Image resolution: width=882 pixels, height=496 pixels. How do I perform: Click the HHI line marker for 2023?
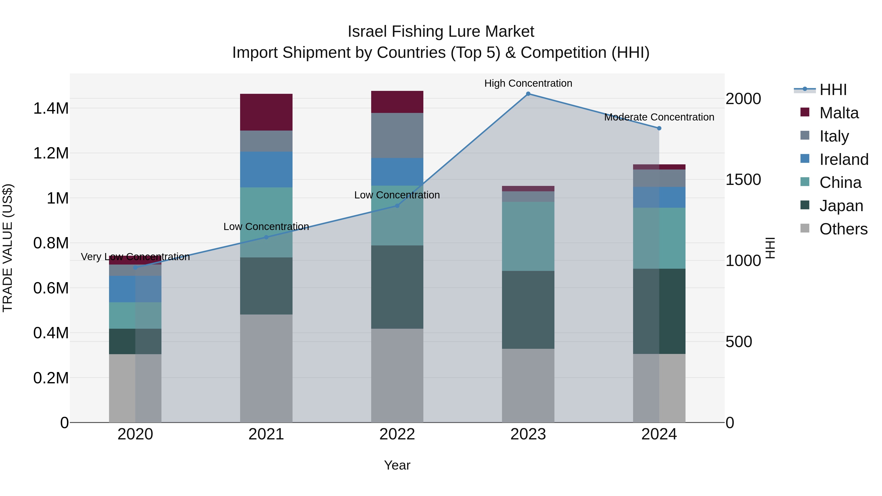pos(528,94)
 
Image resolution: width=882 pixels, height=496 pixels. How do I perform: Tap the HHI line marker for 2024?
pos(659,128)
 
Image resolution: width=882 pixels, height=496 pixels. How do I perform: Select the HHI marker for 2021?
pos(266,237)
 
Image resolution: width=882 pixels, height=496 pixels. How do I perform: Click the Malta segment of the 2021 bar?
pos(266,112)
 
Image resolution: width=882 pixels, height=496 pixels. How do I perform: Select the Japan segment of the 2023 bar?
pos(528,310)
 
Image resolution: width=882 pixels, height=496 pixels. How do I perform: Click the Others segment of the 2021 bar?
pos(266,368)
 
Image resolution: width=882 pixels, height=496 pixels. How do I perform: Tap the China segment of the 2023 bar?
pos(528,236)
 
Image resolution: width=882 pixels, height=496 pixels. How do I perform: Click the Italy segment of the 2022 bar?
pos(397,135)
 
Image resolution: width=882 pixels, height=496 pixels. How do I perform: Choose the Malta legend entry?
pos(839,113)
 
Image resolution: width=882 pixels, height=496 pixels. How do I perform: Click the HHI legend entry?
pos(833,90)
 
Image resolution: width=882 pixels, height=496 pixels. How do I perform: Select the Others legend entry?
pos(843,229)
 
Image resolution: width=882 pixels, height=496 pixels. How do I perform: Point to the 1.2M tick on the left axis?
pos(51,153)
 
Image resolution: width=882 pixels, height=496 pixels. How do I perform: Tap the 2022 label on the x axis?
pos(397,434)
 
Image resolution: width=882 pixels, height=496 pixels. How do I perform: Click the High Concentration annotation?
pos(528,83)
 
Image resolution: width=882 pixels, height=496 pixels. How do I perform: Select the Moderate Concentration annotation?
pos(659,117)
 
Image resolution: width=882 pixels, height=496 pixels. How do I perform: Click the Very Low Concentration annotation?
pos(135,257)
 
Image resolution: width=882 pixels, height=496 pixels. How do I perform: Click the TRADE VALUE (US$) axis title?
pos(8,248)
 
